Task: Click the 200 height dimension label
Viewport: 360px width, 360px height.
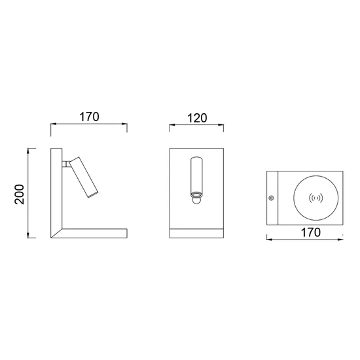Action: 19,194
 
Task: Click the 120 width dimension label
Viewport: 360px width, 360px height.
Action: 197,118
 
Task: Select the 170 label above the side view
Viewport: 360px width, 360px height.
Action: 89,117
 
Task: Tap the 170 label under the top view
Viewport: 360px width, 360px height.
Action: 311,232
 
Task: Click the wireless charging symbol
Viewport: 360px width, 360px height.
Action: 316,198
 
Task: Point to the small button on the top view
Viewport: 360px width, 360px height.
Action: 271,198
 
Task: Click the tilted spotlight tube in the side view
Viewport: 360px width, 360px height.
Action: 84,177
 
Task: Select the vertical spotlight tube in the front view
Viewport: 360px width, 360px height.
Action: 196,175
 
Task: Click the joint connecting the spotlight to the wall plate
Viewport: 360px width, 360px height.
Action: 65,164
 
